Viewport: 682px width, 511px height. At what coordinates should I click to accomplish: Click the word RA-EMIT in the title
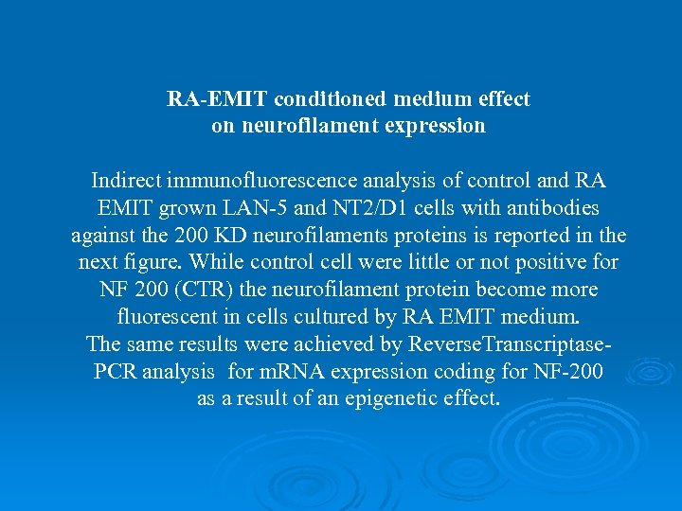coord(209,98)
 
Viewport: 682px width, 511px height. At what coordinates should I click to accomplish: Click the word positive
coord(543,262)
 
